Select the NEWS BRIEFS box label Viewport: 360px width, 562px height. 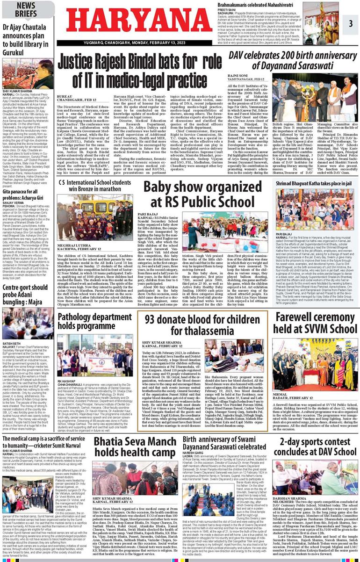click(x=26, y=10)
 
